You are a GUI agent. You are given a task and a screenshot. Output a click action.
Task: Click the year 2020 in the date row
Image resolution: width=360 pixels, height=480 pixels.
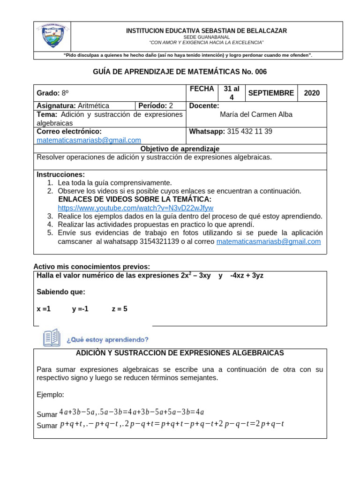pyautogui.click(x=312, y=93)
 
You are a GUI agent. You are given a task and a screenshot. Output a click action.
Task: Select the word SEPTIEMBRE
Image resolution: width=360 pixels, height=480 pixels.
pyautogui.click(x=271, y=93)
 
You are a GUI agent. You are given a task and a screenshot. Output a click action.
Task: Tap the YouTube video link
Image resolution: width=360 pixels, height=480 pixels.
pyautogui.click(x=135, y=208)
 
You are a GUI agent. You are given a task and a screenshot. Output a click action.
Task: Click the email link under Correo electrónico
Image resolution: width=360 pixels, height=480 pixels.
pyautogui.click(x=89, y=140)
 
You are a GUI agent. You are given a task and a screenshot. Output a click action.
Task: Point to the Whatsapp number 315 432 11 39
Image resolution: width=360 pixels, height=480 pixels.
pyautogui.click(x=249, y=131)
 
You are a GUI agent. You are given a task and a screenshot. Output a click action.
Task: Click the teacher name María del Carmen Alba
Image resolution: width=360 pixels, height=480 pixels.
pyautogui.click(x=256, y=114)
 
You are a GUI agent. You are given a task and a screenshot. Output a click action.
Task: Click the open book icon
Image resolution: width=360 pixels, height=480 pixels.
pyautogui.click(x=52, y=337)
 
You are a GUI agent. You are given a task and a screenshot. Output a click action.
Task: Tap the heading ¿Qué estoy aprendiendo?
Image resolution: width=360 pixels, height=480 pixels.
pyautogui.click(x=107, y=339)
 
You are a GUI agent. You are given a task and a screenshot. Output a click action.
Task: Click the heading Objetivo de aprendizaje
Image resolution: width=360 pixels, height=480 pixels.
pyautogui.click(x=180, y=149)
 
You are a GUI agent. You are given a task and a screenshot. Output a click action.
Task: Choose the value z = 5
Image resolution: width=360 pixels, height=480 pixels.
pyautogui.click(x=120, y=309)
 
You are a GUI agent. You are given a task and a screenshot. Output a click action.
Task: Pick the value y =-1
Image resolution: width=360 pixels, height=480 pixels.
pyautogui.click(x=80, y=309)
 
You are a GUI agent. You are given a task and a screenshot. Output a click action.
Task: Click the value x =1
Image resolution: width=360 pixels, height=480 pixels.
pyautogui.click(x=44, y=309)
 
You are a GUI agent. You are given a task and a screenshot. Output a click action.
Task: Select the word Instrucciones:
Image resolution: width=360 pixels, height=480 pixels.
pyautogui.click(x=60, y=174)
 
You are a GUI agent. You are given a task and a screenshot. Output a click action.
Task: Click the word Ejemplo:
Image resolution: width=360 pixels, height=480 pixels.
pyautogui.click(x=50, y=395)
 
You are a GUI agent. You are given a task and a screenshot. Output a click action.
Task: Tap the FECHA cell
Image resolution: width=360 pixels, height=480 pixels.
pyautogui.click(x=202, y=89)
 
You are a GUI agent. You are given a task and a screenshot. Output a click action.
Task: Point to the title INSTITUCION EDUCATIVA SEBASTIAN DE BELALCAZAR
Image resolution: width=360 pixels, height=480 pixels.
pyautogui.click(x=206, y=30)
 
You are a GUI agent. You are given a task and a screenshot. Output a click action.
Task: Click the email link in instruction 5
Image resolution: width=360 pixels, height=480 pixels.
pyautogui.click(x=268, y=241)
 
